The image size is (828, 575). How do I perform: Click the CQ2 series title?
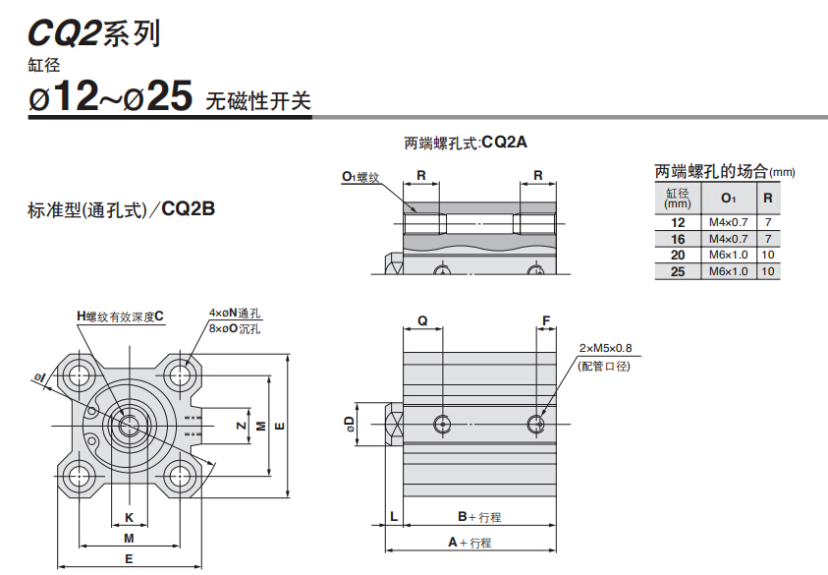pyautogui.click(x=93, y=33)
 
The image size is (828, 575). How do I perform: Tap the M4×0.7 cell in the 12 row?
pyautogui.click(x=728, y=222)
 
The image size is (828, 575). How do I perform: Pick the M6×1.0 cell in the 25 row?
pyautogui.click(x=728, y=271)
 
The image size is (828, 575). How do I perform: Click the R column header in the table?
pyautogui.click(x=768, y=198)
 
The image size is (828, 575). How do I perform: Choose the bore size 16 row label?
pyautogui.click(x=678, y=239)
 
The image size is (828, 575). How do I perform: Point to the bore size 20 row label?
pyautogui.click(x=678, y=256)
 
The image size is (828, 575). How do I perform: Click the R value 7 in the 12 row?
pyautogui.click(x=768, y=222)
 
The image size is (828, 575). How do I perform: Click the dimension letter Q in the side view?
pyautogui.click(x=422, y=320)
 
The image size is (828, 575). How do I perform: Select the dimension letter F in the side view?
pyautogui.click(x=545, y=320)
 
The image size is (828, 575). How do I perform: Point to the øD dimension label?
pyautogui.click(x=349, y=424)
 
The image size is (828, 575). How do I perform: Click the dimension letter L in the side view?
pyautogui.click(x=392, y=516)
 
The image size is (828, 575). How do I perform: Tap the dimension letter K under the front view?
pyautogui.click(x=129, y=517)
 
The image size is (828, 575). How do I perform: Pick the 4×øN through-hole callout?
pyautogui.click(x=235, y=314)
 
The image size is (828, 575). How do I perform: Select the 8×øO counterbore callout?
pyautogui.click(x=235, y=328)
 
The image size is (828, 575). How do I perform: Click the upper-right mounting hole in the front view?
pyautogui.click(x=178, y=374)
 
